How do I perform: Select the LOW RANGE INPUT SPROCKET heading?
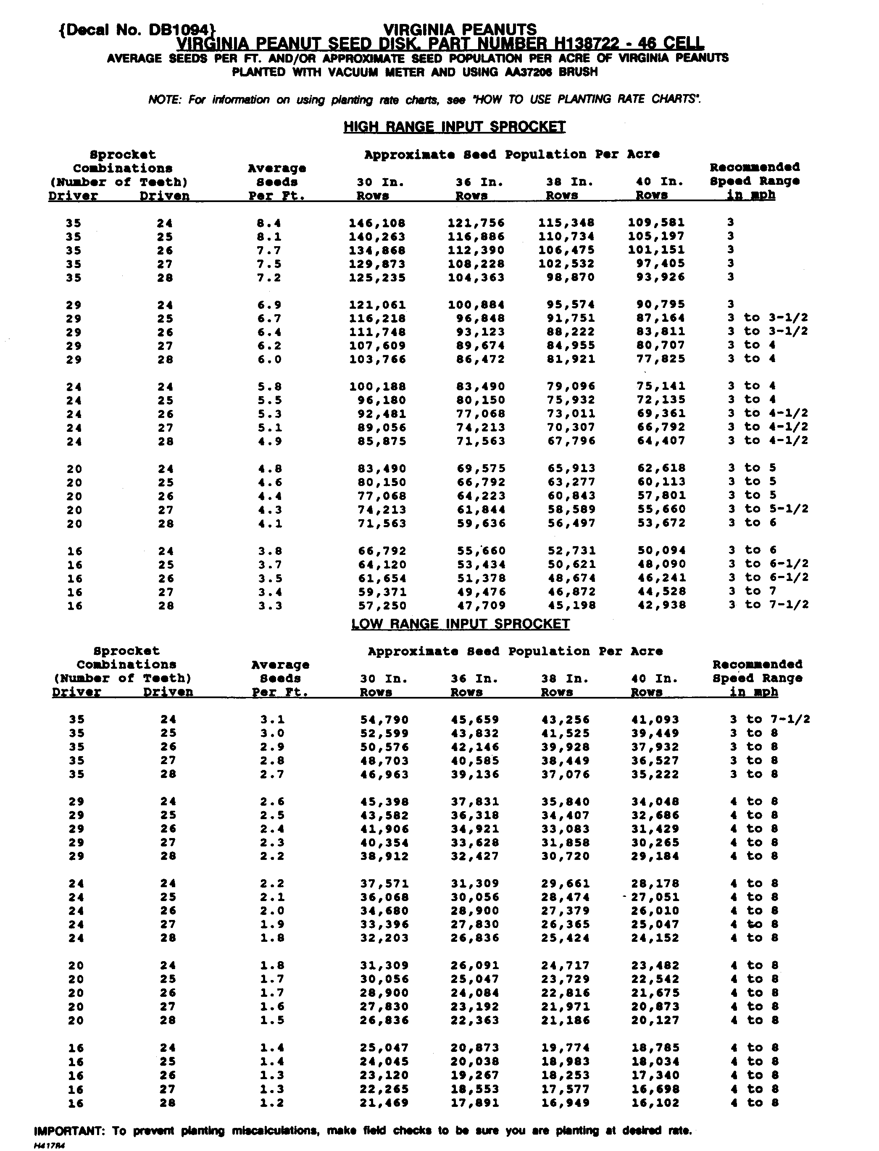pos(460,624)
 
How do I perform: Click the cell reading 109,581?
pos(656,223)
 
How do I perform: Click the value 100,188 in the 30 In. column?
pos(377,387)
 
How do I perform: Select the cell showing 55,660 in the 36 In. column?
pos(481,551)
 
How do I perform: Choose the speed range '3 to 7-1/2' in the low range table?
pos(770,720)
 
